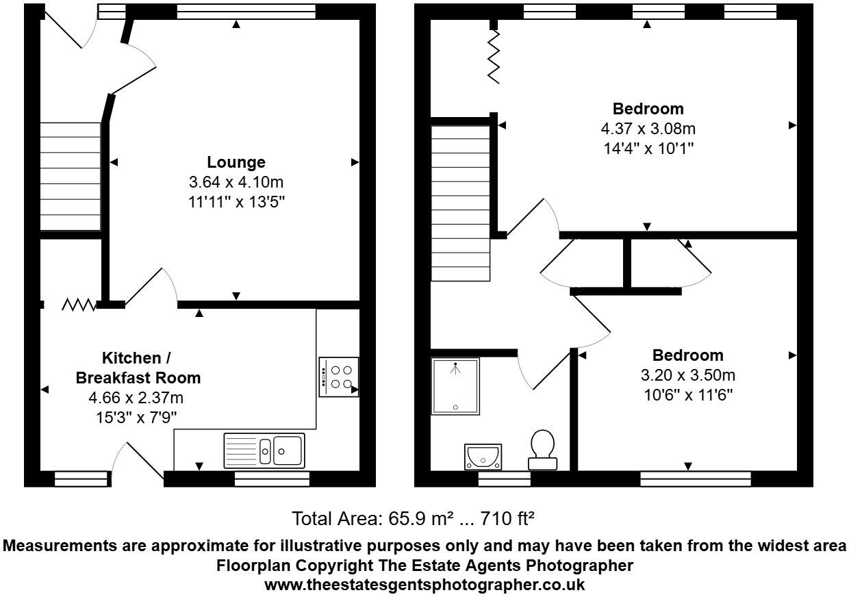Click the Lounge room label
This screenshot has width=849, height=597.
(236, 162)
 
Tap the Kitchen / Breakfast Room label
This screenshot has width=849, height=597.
(137, 368)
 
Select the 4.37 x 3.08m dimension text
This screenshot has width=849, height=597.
(648, 129)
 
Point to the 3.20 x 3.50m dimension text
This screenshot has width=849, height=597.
(687, 375)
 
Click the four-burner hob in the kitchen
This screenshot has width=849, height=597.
(338, 377)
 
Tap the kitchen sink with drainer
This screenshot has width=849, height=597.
(264, 450)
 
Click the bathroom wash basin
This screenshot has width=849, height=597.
(483, 455)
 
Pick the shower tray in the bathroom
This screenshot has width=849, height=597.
(455, 387)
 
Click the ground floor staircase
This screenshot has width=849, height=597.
(71, 176)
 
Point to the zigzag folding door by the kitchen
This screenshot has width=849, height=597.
(79, 304)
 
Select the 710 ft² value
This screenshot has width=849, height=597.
(510, 518)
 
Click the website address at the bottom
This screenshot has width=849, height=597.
(424, 585)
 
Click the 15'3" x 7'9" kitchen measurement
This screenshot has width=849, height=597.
(137, 416)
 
